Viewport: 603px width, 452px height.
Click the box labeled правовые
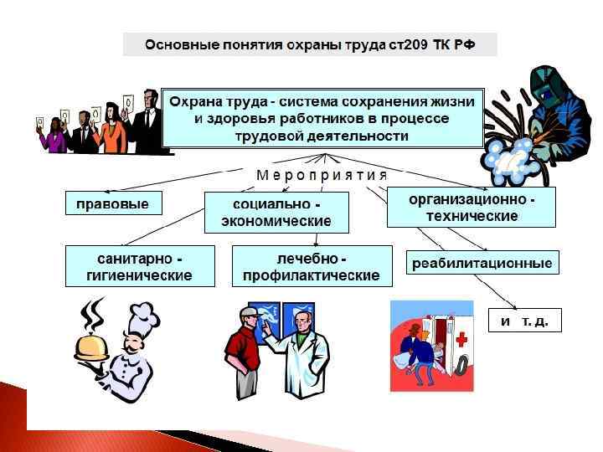point(112,203)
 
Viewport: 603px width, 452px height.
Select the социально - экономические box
point(276,213)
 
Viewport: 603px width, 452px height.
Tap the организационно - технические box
point(472,207)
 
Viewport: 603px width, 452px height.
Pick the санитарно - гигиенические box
point(138,265)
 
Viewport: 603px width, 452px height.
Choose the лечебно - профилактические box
point(311,265)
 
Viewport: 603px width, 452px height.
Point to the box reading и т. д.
point(524,321)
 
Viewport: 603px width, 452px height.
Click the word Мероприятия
point(322,176)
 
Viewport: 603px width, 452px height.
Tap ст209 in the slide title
point(409,44)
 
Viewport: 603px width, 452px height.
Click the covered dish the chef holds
point(95,343)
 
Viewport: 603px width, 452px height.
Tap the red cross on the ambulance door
point(461,339)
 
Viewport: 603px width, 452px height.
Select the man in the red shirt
point(244,352)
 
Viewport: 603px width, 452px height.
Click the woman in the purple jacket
point(55,134)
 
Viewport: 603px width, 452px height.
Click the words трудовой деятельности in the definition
point(322,135)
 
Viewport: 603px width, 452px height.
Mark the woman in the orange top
point(111,130)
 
